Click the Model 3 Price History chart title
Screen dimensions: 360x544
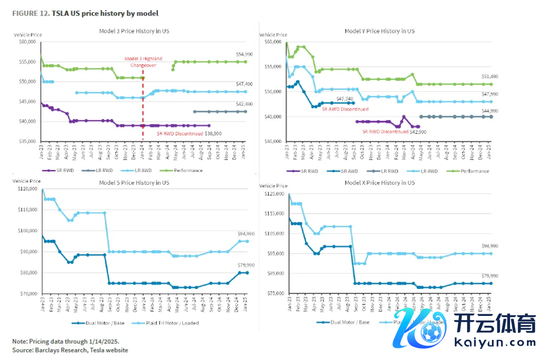coord(134,31)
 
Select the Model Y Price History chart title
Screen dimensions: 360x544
coord(380,31)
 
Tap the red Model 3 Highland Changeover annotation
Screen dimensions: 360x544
coord(143,62)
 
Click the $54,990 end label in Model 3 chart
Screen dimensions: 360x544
coord(244,55)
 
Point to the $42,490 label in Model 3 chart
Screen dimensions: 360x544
coord(244,104)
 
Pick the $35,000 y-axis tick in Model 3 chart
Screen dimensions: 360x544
coord(28,141)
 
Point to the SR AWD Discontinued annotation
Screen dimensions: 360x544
coord(345,109)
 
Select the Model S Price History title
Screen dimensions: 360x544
coord(134,183)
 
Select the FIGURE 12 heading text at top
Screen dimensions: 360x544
coord(85,13)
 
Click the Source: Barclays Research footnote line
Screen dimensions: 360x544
coord(70,350)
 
